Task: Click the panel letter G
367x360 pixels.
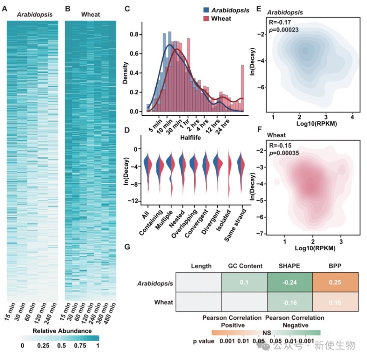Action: (x=127, y=247)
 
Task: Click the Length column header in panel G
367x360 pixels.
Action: (x=199, y=266)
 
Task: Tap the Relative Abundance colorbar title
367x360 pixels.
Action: (x=62, y=331)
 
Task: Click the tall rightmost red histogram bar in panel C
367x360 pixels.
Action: (x=242, y=88)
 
